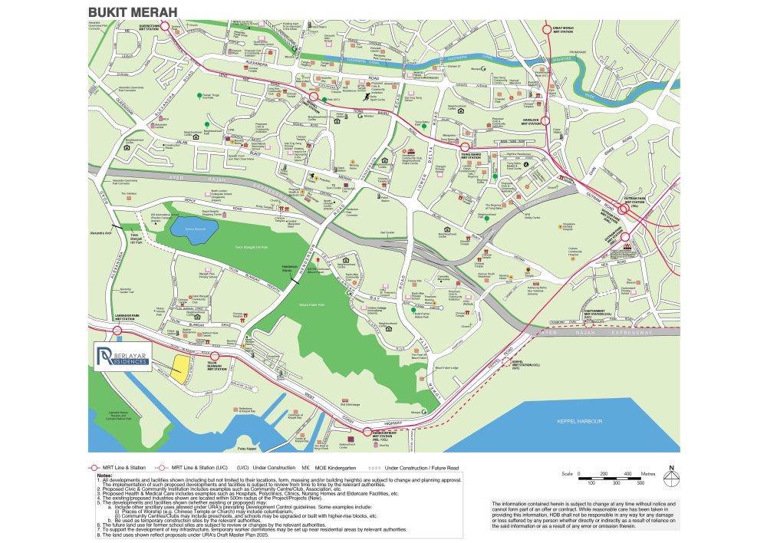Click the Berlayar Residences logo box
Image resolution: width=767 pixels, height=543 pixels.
coord(123,357)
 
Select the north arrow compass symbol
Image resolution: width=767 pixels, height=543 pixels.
coord(672,476)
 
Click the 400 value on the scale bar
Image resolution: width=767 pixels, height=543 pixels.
coord(629,473)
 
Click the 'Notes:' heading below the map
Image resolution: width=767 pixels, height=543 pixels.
coord(105,476)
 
